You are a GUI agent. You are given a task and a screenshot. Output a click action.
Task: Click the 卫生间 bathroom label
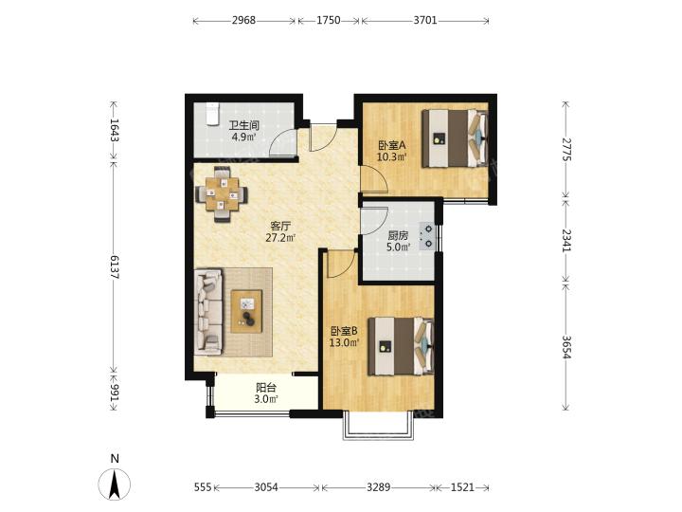tap(244, 125)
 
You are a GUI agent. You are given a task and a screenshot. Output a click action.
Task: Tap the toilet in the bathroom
tap(211, 114)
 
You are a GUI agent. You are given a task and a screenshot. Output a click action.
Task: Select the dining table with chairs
tap(222, 194)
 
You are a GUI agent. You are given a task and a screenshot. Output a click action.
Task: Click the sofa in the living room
tap(208, 310)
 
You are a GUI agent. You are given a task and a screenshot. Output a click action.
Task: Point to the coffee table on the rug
tap(246, 311)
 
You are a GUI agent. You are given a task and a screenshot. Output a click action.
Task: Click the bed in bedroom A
tap(455, 138)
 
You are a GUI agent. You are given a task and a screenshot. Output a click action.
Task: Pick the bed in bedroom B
tap(401, 346)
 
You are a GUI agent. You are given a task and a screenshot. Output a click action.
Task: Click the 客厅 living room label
tap(280, 226)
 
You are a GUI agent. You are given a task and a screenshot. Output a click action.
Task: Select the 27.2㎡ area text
tap(280, 238)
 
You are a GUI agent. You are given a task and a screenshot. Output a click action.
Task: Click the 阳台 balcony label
tap(266, 388)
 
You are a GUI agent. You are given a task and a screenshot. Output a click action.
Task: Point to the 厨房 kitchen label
tap(398, 235)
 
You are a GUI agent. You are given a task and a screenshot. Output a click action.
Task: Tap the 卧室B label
tap(344, 331)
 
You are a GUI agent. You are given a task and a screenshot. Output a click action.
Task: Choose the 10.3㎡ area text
tap(391, 156)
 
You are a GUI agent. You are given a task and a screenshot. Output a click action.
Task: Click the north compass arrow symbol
tap(115, 485)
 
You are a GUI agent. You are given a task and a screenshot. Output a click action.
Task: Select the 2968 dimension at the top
tap(243, 21)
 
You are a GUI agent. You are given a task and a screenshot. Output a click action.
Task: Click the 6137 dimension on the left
tap(114, 266)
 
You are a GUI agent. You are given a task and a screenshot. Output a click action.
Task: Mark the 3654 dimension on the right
tap(565, 347)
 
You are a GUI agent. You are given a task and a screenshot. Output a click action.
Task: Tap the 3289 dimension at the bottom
tap(378, 487)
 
